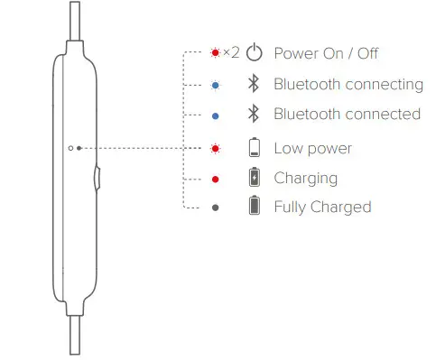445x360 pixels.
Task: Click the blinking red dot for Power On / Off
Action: [x=214, y=53]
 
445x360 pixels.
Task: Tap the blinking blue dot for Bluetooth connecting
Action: [x=215, y=85]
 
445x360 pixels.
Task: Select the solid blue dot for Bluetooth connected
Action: [x=215, y=115]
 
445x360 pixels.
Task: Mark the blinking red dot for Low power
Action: [x=215, y=147]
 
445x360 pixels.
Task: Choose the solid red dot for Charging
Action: [x=215, y=179]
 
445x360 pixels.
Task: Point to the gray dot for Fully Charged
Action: [x=215, y=208]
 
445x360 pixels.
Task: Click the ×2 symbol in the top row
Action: [x=230, y=53]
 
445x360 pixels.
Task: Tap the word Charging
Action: [x=305, y=179]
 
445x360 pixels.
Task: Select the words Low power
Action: [x=312, y=148]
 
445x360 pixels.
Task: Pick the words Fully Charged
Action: [x=322, y=208]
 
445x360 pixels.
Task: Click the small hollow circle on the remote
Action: [x=70, y=146]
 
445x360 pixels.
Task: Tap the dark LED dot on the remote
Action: [x=79, y=146]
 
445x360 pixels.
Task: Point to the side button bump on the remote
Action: [x=97, y=176]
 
